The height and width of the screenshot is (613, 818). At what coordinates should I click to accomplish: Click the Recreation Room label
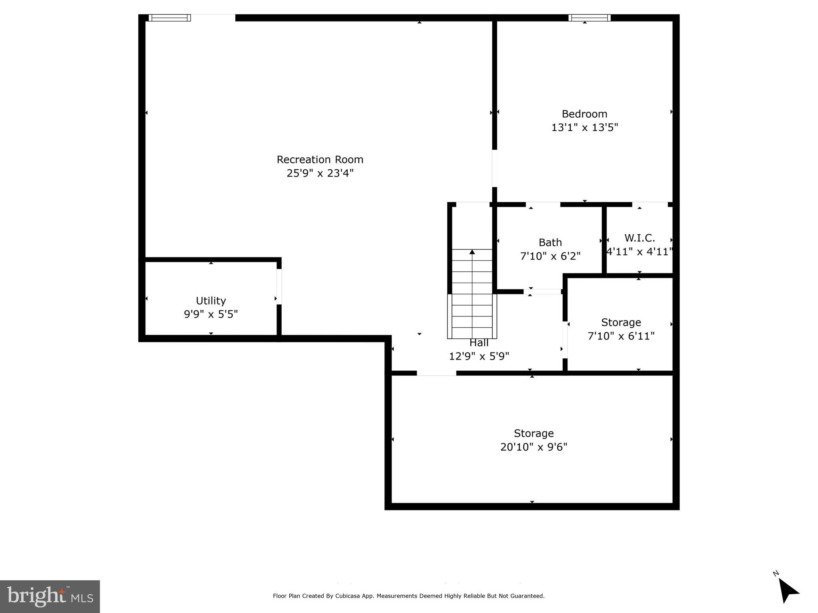[x=320, y=160]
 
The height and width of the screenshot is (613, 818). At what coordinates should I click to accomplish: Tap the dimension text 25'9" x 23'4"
[x=320, y=173]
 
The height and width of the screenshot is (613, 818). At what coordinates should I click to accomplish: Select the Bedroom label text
[x=584, y=114]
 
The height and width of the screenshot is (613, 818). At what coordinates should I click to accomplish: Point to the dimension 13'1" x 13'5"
[x=584, y=128]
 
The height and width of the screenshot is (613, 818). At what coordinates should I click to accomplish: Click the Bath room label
[x=550, y=243]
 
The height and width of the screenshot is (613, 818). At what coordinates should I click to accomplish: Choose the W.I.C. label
[x=639, y=238]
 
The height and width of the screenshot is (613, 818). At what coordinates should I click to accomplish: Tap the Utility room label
[x=211, y=301]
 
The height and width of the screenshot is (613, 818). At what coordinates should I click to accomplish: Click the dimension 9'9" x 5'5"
[x=211, y=314]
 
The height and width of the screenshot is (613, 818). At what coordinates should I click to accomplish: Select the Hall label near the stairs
[x=479, y=343]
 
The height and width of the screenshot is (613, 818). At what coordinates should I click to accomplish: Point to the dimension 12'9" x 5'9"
[x=479, y=356]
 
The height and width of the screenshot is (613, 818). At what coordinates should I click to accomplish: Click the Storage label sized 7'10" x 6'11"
[x=621, y=322]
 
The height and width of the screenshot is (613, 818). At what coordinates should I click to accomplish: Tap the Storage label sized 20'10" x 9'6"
[x=533, y=433]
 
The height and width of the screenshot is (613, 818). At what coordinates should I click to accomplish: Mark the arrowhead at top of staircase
[x=472, y=252]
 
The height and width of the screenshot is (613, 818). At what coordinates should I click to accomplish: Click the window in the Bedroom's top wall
[x=589, y=18]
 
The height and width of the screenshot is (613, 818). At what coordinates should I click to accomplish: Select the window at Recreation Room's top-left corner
[x=169, y=18]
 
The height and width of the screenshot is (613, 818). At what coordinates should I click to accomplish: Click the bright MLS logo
[x=50, y=596]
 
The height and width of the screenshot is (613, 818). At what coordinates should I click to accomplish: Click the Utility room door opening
[x=279, y=287]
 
